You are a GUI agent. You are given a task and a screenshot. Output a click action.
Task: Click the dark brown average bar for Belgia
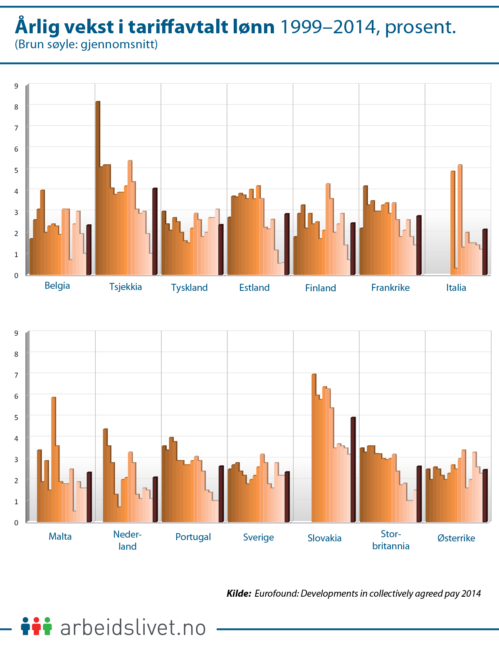click(x=89, y=250)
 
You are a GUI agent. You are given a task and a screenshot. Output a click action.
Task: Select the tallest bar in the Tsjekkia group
click(x=98, y=187)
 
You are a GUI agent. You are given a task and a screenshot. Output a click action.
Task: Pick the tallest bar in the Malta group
click(x=54, y=458)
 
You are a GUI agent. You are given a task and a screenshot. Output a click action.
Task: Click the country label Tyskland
click(x=189, y=288)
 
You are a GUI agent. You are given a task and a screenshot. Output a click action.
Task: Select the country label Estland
click(x=254, y=288)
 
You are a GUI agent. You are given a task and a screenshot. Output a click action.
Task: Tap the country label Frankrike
click(x=390, y=288)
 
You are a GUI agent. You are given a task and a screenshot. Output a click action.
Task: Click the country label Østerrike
click(x=456, y=538)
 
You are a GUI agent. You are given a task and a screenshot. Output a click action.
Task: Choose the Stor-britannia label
click(x=391, y=540)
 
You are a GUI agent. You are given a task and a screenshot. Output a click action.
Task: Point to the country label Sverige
click(x=258, y=537)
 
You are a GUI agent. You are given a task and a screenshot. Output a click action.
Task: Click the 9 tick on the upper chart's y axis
click(x=16, y=86)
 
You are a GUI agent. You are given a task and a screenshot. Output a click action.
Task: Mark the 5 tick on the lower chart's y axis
click(x=16, y=417)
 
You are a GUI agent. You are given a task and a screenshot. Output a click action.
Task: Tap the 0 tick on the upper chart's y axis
click(x=16, y=275)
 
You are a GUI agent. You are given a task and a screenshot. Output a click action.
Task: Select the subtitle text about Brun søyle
click(x=86, y=44)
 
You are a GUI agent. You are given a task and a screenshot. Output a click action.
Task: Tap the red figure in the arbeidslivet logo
click(x=37, y=626)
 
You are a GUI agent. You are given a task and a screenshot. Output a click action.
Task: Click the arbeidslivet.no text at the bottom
click(x=133, y=628)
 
